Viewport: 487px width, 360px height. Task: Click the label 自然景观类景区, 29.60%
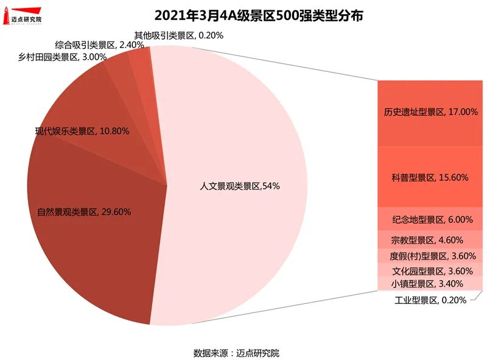coord(84,212)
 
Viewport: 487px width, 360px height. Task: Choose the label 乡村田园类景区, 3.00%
coord(63,57)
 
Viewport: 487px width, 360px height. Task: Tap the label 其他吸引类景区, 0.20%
coord(178,35)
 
